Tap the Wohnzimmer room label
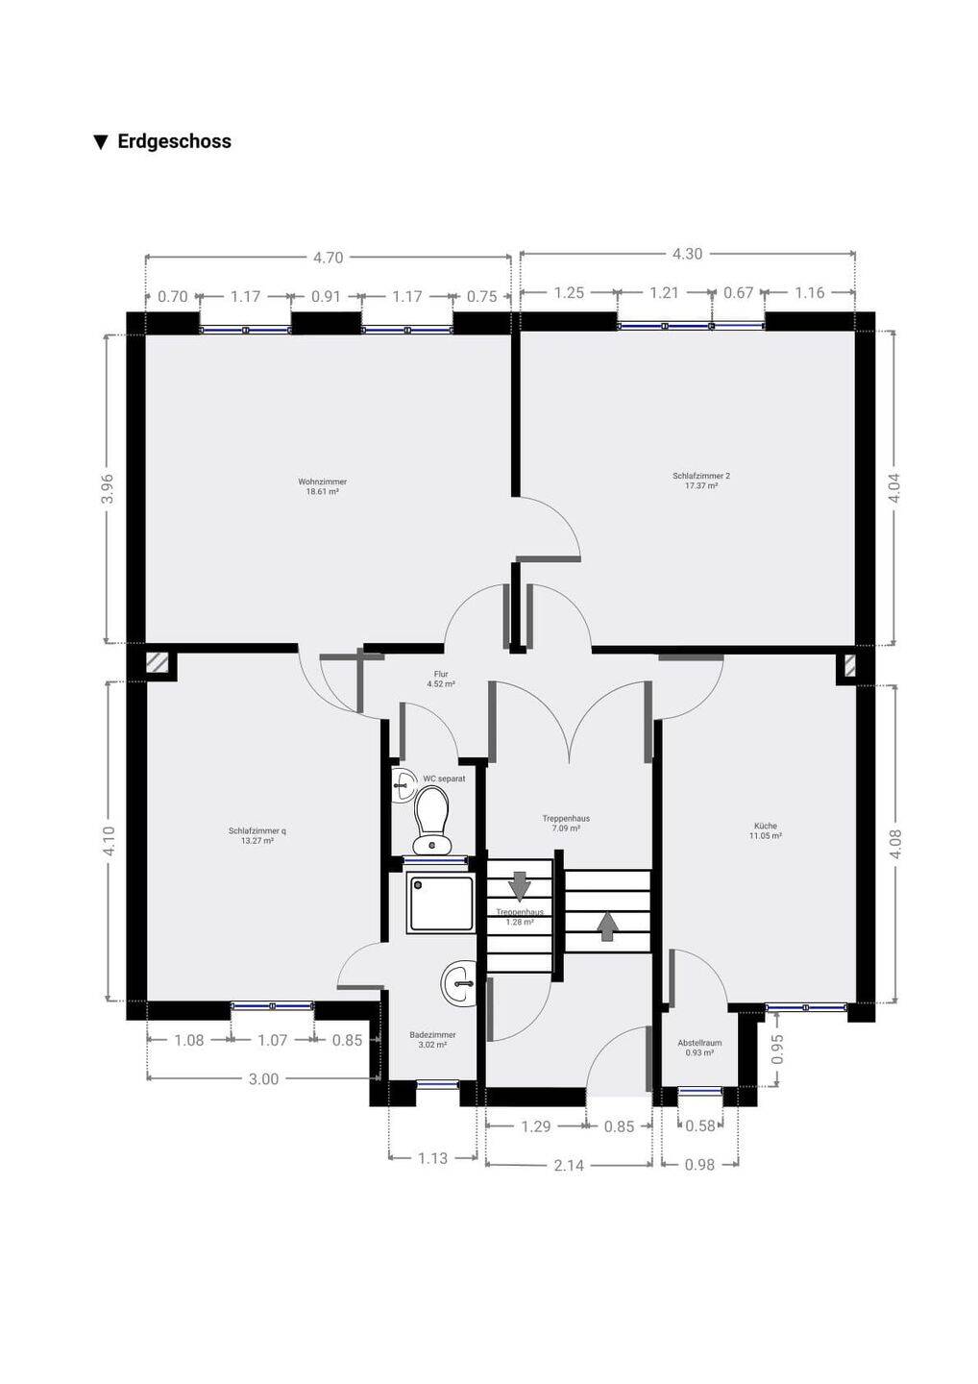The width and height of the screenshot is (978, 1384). click(x=322, y=482)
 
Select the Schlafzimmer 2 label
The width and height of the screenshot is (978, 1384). click(x=701, y=476)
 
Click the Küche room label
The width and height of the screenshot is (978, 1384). click(x=766, y=826)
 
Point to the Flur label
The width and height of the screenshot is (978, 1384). click(x=441, y=674)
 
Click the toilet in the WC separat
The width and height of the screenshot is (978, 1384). click(x=432, y=823)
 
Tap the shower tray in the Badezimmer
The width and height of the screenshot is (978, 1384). click(x=441, y=904)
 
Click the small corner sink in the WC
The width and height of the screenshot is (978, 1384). click(x=403, y=786)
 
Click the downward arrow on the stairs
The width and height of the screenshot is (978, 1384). click(x=519, y=885)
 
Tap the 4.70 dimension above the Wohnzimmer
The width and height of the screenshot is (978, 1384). click(x=328, y=258)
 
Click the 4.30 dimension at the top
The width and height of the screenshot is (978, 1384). click(x=687, y=254)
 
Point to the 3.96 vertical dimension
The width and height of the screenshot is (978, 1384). click(x=108, y=488)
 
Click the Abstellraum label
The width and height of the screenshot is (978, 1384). click(x=699, y=1042)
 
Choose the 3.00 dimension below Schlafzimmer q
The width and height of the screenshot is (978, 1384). click(x=263, y=1078)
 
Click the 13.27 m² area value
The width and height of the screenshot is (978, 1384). click(x=257, y=841)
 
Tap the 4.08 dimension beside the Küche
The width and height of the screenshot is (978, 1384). click(x=896, y=845)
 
